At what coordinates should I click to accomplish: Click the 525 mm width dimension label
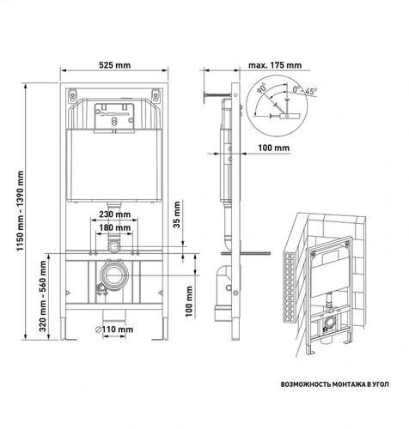pos(114,65)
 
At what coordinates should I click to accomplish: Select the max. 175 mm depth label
pos(275,65)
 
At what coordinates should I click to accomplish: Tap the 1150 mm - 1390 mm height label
pos(21,211)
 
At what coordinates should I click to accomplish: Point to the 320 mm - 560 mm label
pos(43,296)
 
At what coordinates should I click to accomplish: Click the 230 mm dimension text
pos(114,214)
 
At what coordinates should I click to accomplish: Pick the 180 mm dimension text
pos(114,227)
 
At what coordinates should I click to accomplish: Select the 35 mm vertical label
pos(177,214)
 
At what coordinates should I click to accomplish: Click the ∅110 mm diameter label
pos(114,329)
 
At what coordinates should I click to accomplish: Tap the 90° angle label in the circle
pos(261,88)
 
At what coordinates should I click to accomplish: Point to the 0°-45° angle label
pos(305,91)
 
